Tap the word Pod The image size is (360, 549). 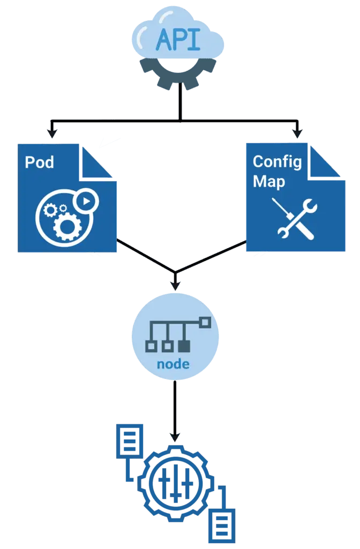tap(39, 161)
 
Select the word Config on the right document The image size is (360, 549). tap(277, 161)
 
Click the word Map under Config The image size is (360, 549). tap(269, 181)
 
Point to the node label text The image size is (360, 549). tap(173, 364)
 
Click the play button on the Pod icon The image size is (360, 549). tap(85, 201)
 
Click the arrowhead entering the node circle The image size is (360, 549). tap(174, 283)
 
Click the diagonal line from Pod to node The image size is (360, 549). tap(143, 255)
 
